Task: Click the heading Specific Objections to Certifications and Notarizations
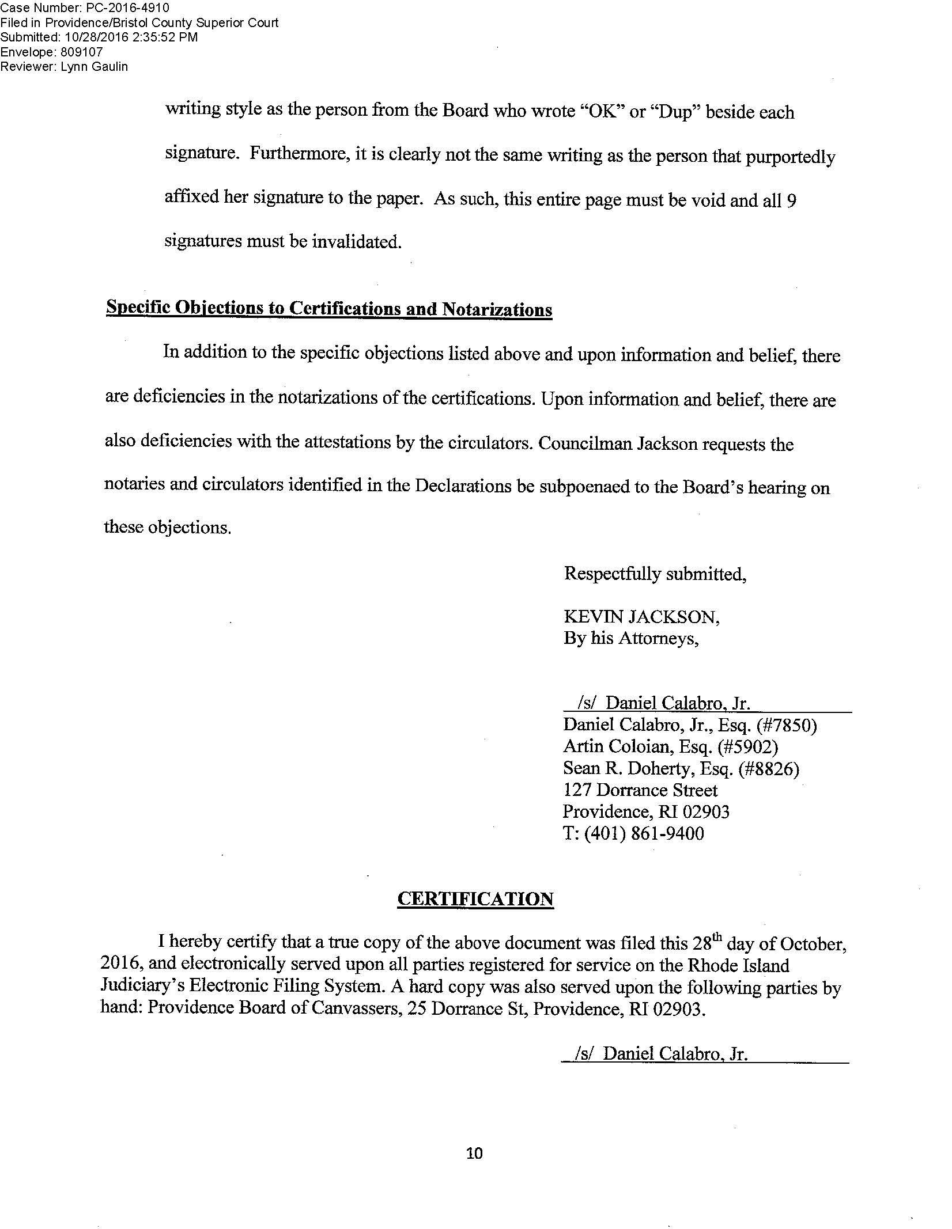(x=329, y=309)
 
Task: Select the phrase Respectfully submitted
(x=655, y=574)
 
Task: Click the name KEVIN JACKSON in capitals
(x=641, y=617)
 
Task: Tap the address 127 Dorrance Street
(x=640, y=790)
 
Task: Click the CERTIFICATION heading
(x=475, y=900)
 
